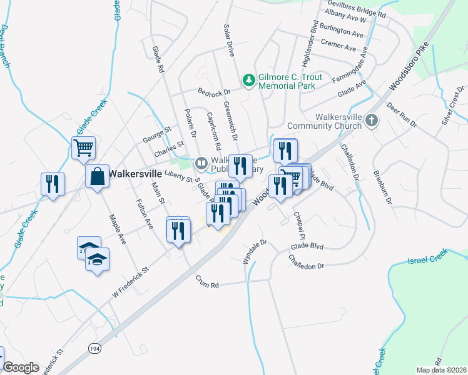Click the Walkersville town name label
click(137, 174)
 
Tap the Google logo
click(21, 367)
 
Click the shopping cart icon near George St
click(83, 148)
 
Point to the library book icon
click(201, 163)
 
